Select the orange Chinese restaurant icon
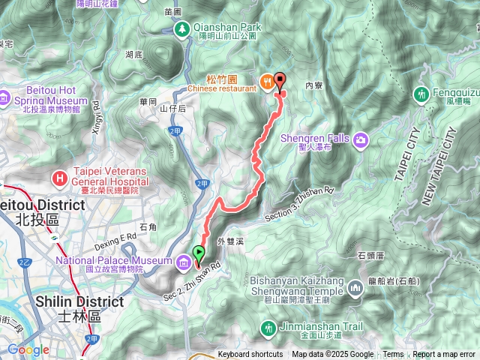[265, 81]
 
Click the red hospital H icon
[60, 178]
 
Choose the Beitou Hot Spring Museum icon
[5, 97]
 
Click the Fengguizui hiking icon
[420, 94]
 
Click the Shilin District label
[79, 301]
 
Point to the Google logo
[28, 349]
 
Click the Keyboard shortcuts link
[250, 355]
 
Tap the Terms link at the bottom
[393, 355]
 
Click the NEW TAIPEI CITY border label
[439, 166]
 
